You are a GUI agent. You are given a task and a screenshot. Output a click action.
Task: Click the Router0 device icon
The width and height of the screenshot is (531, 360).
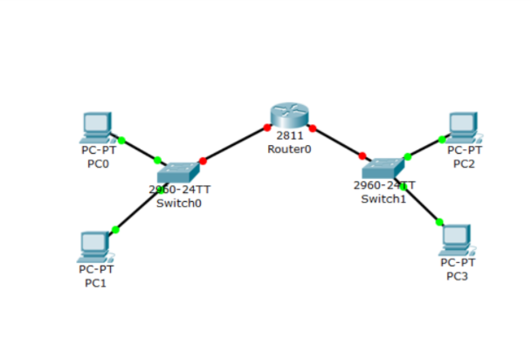pyautogui.click(x=289, y=115)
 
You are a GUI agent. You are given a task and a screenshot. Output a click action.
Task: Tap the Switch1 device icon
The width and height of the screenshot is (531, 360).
pyautogui.click(x=384, y=168)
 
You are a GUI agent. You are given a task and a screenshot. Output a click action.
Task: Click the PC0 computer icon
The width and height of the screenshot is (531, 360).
pyautogui.click(x=96, y=128)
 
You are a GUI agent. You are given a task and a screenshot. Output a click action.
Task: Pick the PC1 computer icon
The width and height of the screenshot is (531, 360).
pyautogui.click(x=94, y=247)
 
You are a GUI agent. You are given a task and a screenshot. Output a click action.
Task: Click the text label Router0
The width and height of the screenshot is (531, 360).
pyautogui.click(x=289, y=149)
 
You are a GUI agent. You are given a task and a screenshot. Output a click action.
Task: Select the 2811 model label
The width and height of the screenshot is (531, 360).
pyautogui.click(x=289, y=136)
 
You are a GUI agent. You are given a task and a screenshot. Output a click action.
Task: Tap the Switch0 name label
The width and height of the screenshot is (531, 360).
pyautogui.click(x=179, y=203)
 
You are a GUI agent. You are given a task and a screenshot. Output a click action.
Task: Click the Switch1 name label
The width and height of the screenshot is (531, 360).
pyautogui.click(x=383, y=198)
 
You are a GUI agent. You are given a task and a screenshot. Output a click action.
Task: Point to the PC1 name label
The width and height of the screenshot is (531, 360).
pyautogui.click(x=95, y=283)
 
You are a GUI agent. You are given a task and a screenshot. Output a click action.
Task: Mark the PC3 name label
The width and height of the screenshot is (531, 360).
pyautogui.click(x=457, y=276)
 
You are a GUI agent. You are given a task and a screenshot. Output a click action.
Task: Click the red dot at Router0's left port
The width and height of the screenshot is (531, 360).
pyautogui.click(x=266, y=128)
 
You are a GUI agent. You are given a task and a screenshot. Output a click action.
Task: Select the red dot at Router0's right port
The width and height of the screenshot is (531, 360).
pyautogui.click(x=312, y=128)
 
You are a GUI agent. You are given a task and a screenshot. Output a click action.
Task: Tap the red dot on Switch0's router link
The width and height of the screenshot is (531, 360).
pyautogui.click(x=203, y=161)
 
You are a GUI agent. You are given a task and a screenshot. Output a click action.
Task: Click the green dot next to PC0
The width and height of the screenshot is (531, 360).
pyautogui.click(x=121, y=140)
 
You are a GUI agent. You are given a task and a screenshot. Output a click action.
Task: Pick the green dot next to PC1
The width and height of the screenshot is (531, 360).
pyautogui.click(x=114, y=230)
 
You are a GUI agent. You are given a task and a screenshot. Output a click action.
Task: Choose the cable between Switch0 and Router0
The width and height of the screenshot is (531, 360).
pyautogui.click(x=234, y=145)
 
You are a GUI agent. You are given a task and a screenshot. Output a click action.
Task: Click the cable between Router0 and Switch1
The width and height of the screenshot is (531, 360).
pyautogui.click(x=337, y=142)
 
